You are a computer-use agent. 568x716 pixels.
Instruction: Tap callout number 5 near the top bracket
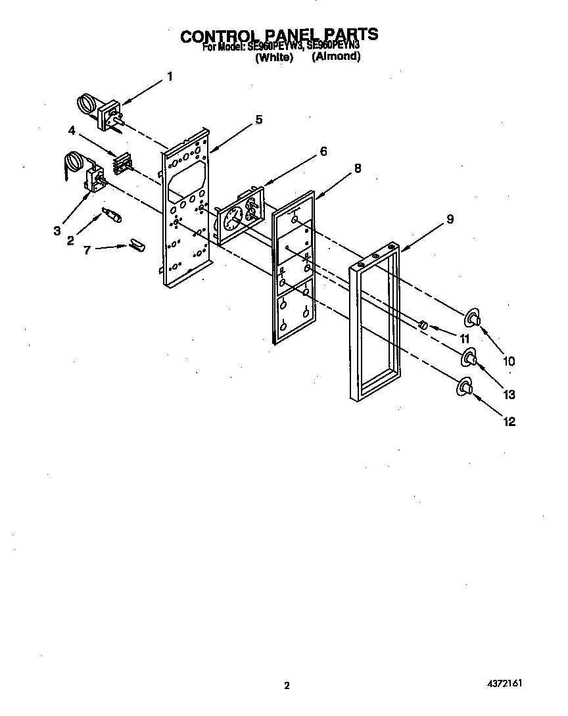258,119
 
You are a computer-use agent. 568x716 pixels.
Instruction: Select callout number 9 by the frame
450,220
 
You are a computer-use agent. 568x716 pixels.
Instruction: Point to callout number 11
465,339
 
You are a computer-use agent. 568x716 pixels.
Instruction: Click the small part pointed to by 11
424,325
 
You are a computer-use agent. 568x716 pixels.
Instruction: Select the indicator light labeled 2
111,215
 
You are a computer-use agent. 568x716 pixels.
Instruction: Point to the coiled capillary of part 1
85,103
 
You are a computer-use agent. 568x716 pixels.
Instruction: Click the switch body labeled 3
96,180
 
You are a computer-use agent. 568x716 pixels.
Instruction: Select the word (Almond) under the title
336,57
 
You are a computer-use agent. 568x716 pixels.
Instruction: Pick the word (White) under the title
273,57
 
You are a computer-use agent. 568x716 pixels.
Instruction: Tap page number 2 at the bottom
287,686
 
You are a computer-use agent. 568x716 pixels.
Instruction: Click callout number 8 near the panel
357,168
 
